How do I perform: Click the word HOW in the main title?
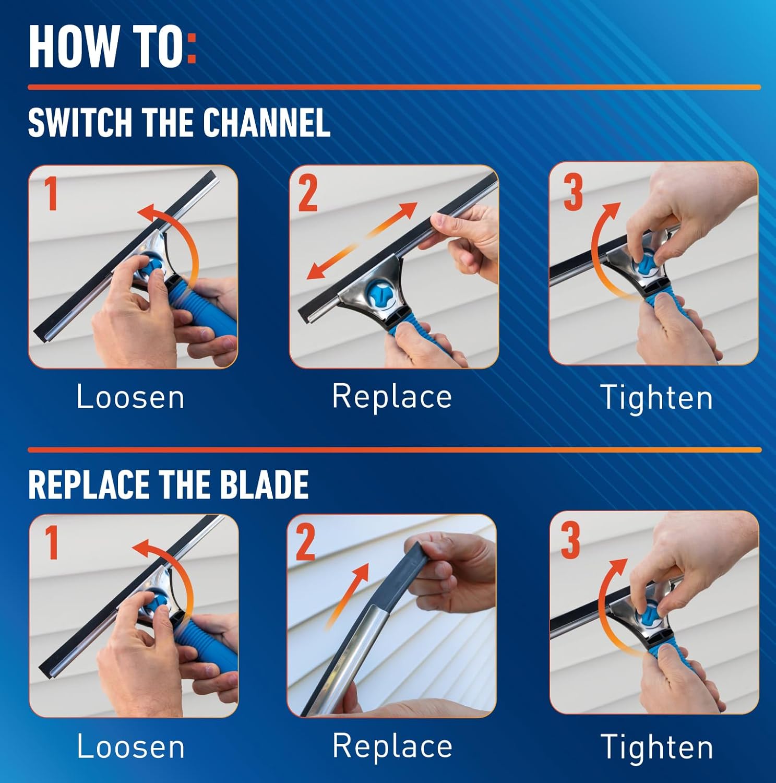pyautogui.click(x=73, y=46)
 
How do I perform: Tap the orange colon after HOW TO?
pyautogui.click(x=191, y=46)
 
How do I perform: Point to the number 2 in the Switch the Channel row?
pyautogui.click(x=307, y=194)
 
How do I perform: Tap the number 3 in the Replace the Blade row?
pyautogui.click(x=570, y=541)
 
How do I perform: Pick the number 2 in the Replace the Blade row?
pyautogui.click(x=306, y=543)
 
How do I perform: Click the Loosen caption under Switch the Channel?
pyautogui.click(x=130, y=397)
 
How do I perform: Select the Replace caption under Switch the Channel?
pyautogui.click(x=392, y=396)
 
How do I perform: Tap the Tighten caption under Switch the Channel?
pyautogui.click(x=656, y=398)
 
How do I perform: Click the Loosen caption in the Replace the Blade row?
pyautogui.click(x=130, y=746)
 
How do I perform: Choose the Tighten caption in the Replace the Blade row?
pyautogui.click(x=656, y=747)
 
